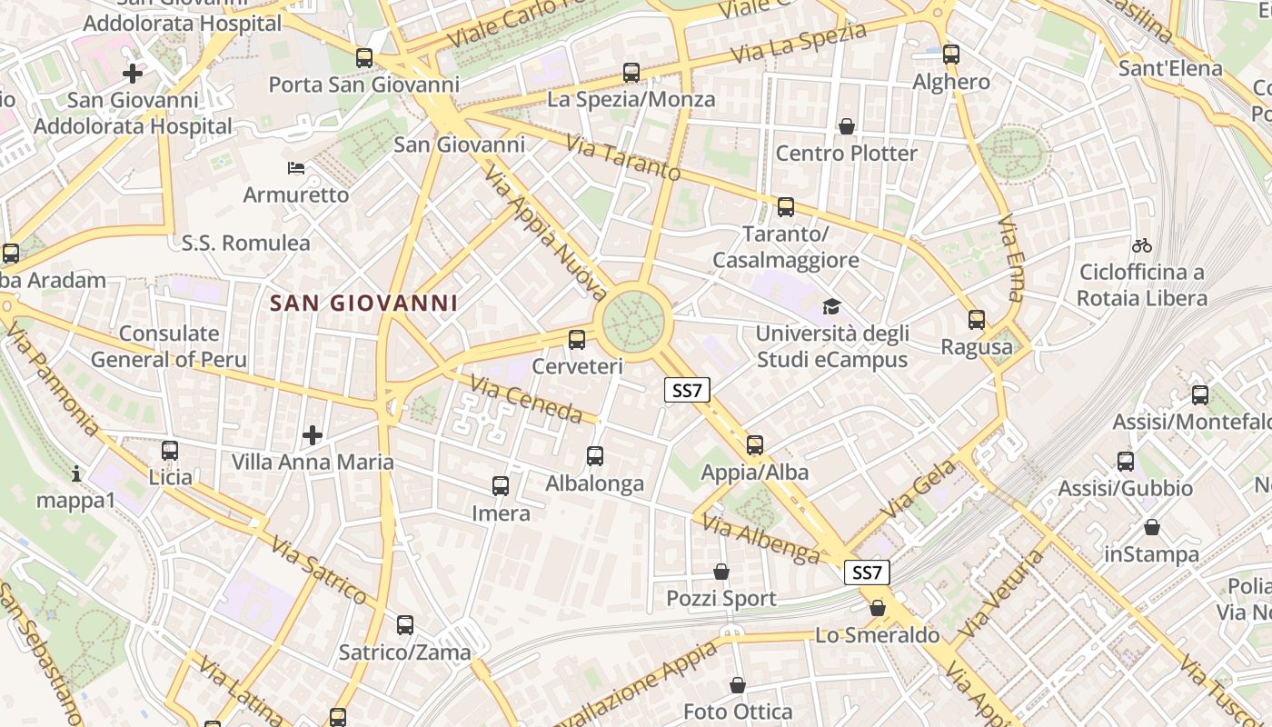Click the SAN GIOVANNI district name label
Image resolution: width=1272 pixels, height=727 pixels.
(x=363, y=303)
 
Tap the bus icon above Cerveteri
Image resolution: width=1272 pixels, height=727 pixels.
(x=577, y=340)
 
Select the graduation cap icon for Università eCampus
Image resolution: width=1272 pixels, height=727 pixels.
(x=831, y=307)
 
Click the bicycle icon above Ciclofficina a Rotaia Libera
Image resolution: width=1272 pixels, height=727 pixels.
(x=1142, y=245)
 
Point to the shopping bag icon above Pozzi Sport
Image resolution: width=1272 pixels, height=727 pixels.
(x=721, y=572)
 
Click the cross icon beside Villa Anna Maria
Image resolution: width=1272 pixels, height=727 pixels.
(x=313, y=435)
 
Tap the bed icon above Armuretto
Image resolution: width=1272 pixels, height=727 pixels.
(x=296, y=168)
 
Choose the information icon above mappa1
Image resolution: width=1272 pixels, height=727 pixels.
(x=76, y=473)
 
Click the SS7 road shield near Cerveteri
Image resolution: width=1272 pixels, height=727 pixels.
(x=687, y=391)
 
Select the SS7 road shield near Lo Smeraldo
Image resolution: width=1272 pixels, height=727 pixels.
(x=867, y=573)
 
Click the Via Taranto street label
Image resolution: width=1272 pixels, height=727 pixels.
(x=623, y=157)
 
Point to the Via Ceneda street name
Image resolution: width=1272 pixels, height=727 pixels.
(x=526, y=400)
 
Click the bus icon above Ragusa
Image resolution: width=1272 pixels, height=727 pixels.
(x=977, y=320)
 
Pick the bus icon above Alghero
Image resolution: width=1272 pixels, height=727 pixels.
(x=951, y=55)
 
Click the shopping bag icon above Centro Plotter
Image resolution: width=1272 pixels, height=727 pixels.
(x=847, y=126)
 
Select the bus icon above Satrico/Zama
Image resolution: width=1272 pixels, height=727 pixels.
(x=405, y=625)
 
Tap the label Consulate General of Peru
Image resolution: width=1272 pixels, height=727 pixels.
(x=169, y=346)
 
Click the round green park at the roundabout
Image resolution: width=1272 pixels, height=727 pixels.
(x=634, y=319)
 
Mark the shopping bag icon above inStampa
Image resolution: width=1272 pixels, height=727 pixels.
(x=1152, y=527)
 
